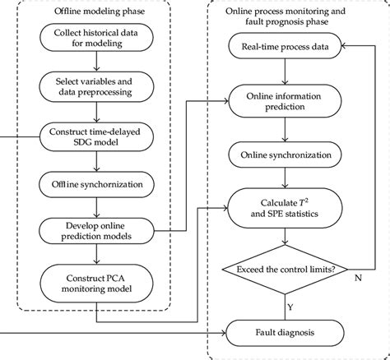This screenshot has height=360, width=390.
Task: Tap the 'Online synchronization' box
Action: pos(285,155)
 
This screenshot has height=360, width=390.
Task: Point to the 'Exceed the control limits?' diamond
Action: pos(285,269)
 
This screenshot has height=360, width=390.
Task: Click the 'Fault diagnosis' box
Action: pos(285,333)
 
